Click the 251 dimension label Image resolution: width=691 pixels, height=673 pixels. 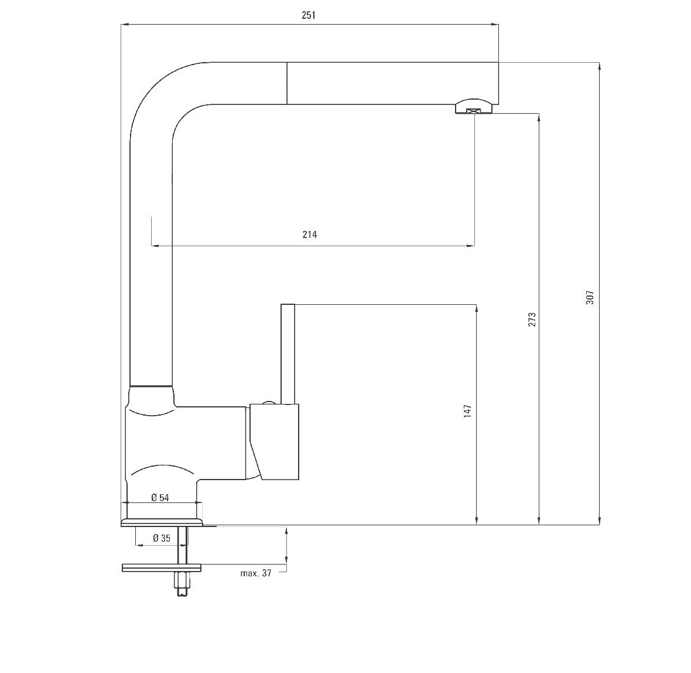pos(309,15)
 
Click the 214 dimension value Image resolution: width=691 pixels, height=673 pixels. pos(309,234)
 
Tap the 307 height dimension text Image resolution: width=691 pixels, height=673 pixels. pos(590,297)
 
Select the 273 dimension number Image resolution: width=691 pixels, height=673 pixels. pos(532,319)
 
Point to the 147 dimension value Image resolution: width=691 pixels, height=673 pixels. pos(467,411)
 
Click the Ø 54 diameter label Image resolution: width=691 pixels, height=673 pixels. pos(160,498)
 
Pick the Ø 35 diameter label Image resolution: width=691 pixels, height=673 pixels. pos(162,538)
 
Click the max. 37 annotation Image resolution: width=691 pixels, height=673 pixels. pos(255,573)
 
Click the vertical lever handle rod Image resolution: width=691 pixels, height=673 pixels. pos(288,354)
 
